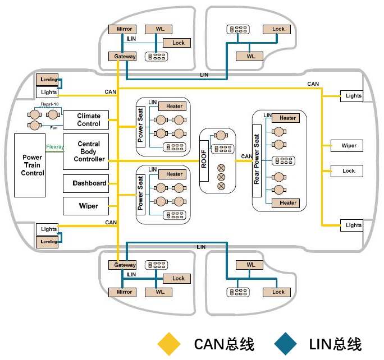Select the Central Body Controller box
pyautogui.click(x=89, y=151)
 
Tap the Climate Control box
pyautogui.click(x=89, y=120)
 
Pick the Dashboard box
pyautogui.click(x=89, y=183)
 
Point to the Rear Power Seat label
pyautogui.click(x=257, y=159)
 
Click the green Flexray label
pyautogui.click(x=54, y=147)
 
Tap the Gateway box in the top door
pyautogui.click(x=125, y=57)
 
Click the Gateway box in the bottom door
pyautogui.click(x=125, y=265)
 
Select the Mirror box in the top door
pyautogui.click(x=124, y=29)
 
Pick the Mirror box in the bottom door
pyautogui.click(x=124, y=292)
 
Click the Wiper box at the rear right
pyautogui.click(x=349, y=146)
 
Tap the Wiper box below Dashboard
pyautogui.click(x=89, y=206)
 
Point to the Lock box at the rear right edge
pyautogui.click(x=349, y=170)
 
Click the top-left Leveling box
pyautogui.click(x=49, y=80)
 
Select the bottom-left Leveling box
pyautogui.click(x=49, y=241)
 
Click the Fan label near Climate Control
pyautogui.click(x=54, y=128)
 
